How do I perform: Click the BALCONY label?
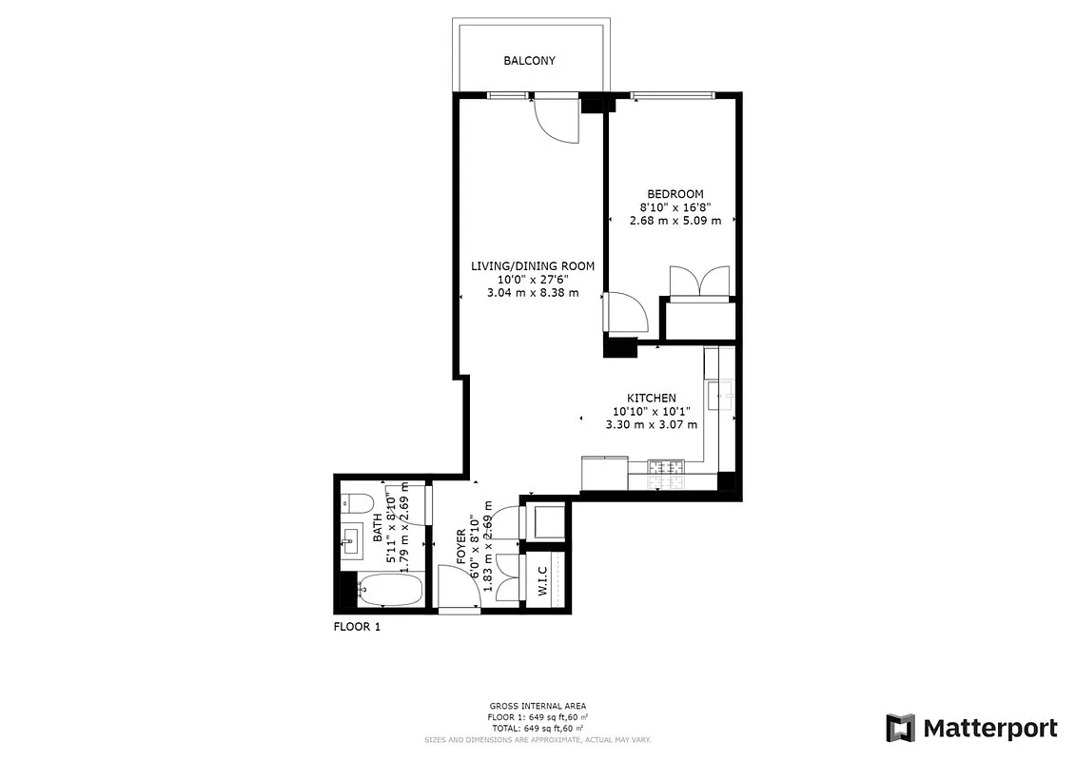coord(529,61)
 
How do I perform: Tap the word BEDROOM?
coord(675,194)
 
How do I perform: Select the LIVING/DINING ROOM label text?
coord(532,265)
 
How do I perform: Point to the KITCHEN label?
coord(651,398)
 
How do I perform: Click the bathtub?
coord(390,592)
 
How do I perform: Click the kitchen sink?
coord(720,392)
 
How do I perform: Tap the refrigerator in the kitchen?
coord(603,473)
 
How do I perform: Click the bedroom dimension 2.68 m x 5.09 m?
coord(675,221)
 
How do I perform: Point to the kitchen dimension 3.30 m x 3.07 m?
coord(644,424)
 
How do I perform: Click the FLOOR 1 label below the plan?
coord(357,627)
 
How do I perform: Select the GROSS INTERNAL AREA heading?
coord(538,706)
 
